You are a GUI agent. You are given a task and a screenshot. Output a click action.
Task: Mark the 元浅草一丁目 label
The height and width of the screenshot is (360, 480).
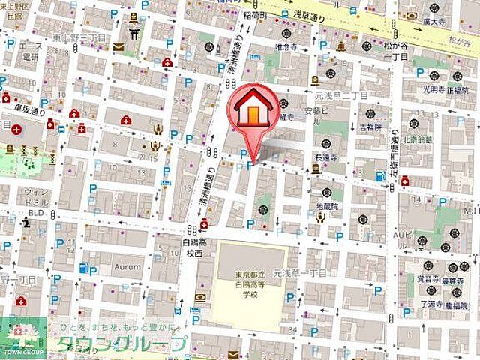299,274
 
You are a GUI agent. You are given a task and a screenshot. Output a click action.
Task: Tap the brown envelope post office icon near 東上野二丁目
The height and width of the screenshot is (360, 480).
118,47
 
